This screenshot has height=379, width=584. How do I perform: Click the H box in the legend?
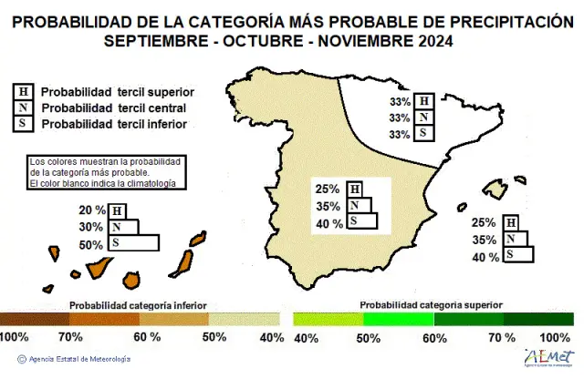21,92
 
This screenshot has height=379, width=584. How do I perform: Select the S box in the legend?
21,123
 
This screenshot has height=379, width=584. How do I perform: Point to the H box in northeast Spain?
423,101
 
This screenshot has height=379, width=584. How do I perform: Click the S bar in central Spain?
361,221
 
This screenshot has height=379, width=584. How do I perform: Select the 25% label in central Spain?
327,189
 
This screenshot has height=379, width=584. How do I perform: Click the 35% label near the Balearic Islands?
485,241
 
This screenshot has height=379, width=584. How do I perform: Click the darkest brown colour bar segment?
36,319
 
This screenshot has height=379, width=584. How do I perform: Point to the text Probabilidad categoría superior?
430,303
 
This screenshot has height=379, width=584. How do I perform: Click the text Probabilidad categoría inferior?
138,305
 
